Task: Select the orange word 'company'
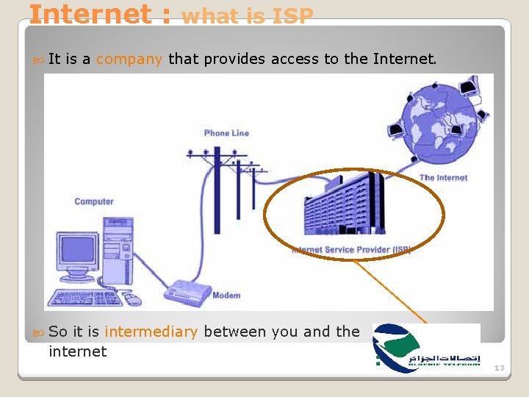pos(129,59)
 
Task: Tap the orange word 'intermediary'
pos(151,332)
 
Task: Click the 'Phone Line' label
pos(226,133)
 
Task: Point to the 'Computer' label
pos(94,201)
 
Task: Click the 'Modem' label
pos(226,296)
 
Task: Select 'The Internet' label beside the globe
pos(443,178)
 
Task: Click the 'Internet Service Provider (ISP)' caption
pos(351,250)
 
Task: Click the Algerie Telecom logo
pos(426,345)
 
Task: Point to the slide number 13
pos(499,368)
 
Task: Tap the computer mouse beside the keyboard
pos(132,299)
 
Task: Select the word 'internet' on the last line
pos(77,351)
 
